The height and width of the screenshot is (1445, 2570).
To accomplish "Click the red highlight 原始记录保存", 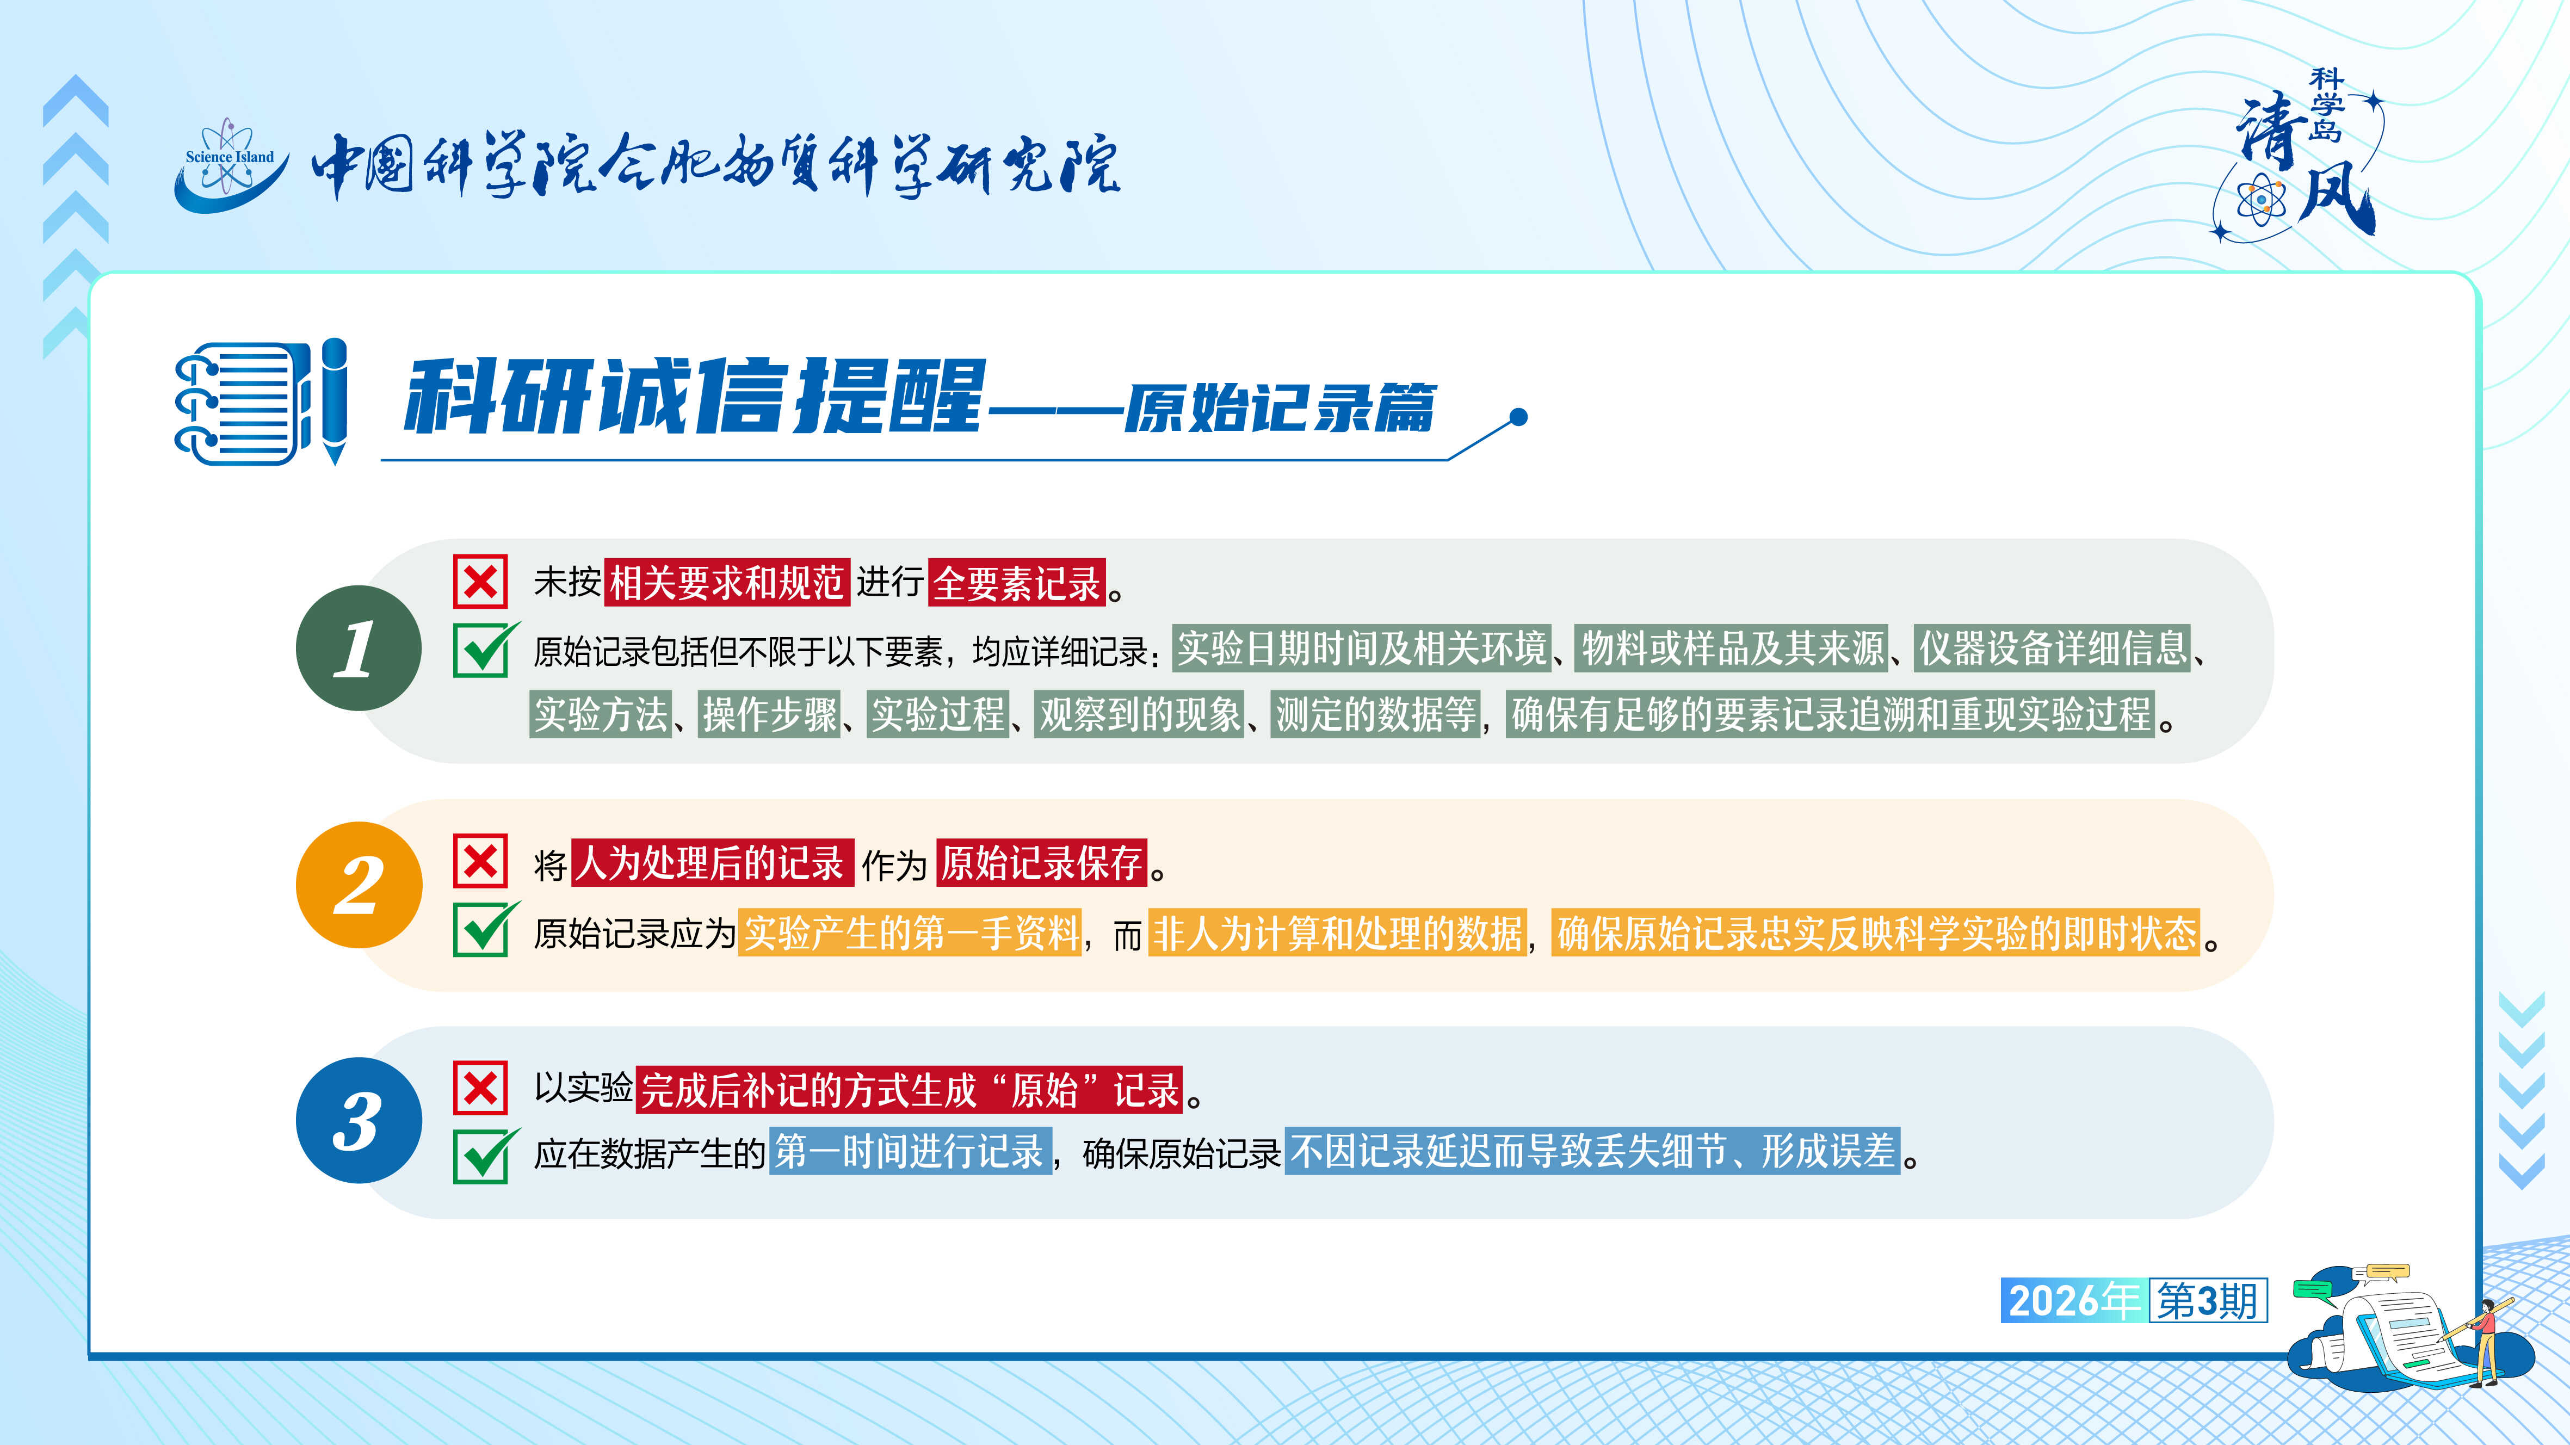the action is pyautogui.click(x=1042, y=863).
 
